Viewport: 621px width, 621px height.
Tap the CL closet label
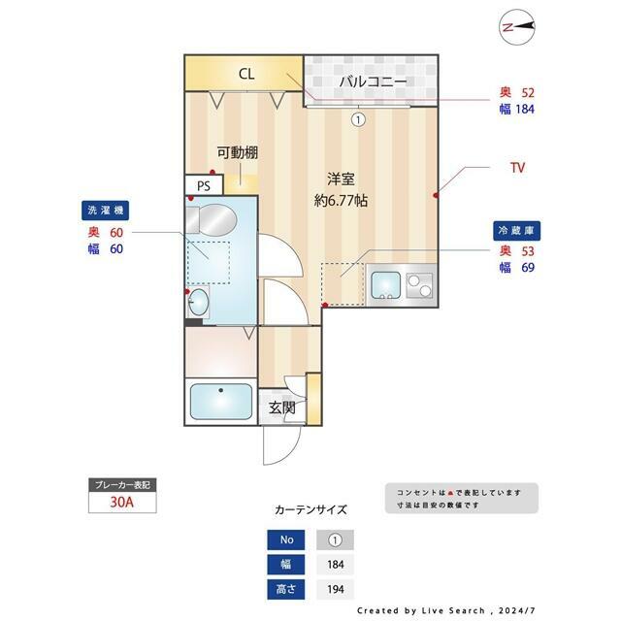[246, 75]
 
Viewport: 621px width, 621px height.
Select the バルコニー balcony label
[372, 82]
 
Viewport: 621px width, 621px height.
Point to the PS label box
[204, 185]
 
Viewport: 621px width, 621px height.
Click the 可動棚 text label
[237, 152]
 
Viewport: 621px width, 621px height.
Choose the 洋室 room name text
[339, 180]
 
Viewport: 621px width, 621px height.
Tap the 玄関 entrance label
[282, 409]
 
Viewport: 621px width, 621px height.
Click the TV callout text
[518, 168]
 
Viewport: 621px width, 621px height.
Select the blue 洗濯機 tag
[106, 211]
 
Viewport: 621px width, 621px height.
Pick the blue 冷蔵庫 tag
[518, 231]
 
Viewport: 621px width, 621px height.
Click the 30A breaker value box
[122, 503]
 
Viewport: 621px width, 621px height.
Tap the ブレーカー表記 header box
[122, 484]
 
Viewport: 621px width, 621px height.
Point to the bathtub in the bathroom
[220, 400]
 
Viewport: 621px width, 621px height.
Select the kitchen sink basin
[386, 285]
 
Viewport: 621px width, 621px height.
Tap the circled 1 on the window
[358, 120]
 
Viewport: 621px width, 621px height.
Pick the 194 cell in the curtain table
[336, 589]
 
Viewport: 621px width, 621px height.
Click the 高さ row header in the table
[285, 589]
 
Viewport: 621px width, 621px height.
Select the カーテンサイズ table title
[310, 509]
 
